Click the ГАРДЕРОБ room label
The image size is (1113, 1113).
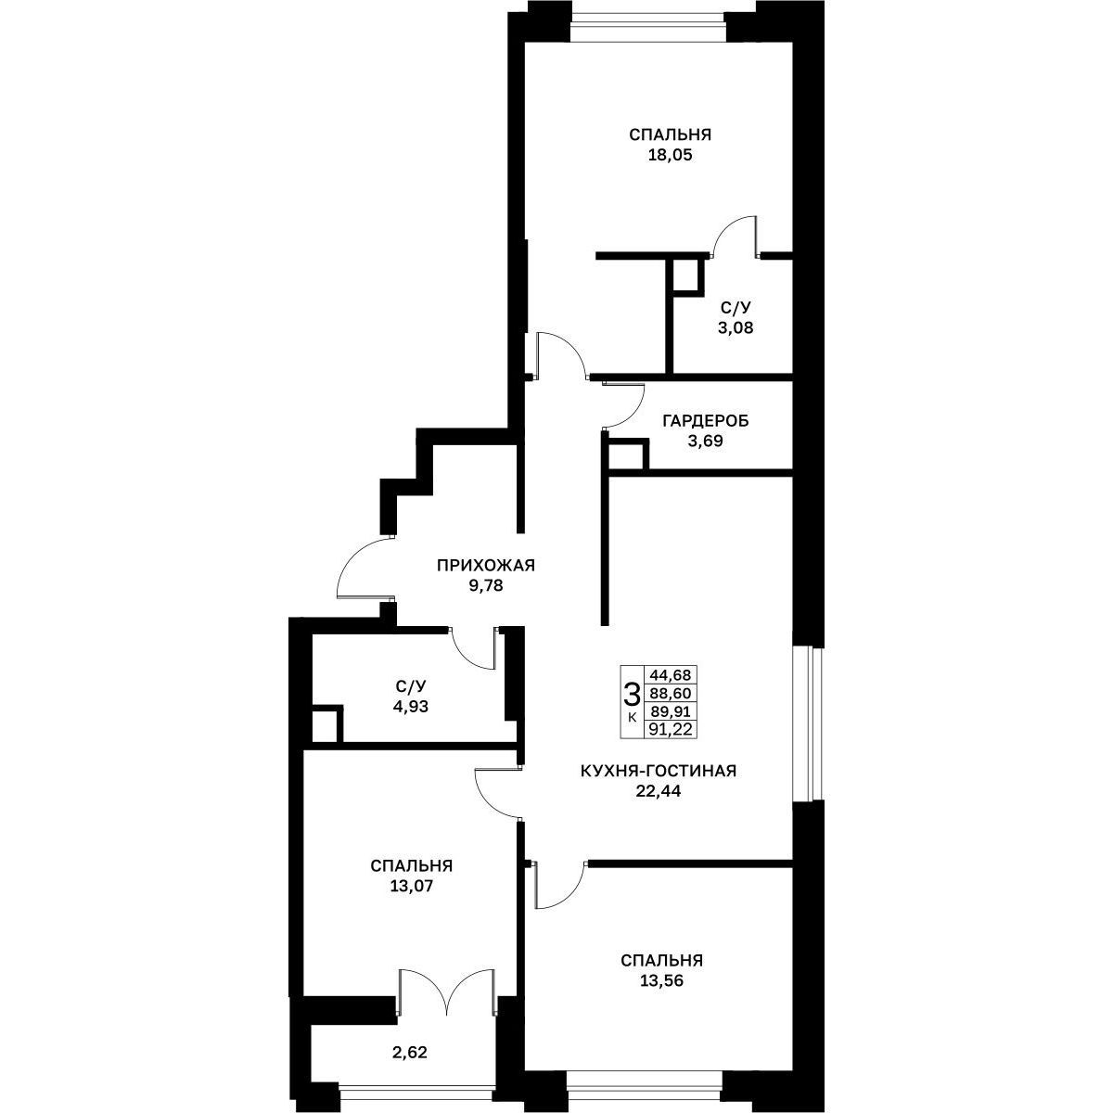tap(705, 421)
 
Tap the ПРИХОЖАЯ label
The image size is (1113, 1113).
tap(486, 566)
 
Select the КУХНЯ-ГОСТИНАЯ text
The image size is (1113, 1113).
tap(659, 771)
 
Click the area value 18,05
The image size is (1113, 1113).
tap(670, 156)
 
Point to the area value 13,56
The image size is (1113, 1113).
tap(662, 980)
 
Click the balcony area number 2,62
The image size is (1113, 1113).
tap(410, 1053)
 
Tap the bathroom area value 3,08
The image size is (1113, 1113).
tap(736, 328)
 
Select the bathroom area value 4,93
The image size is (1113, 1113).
tap(411, 706)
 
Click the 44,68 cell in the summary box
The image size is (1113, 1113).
tap(670, 674)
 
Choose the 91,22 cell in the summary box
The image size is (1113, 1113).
tap(670, 730)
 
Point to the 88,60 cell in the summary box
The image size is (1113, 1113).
tap(670, 693)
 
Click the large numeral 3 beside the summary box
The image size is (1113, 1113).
tap(632, 693)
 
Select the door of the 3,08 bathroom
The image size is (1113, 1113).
tap(734, 236)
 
